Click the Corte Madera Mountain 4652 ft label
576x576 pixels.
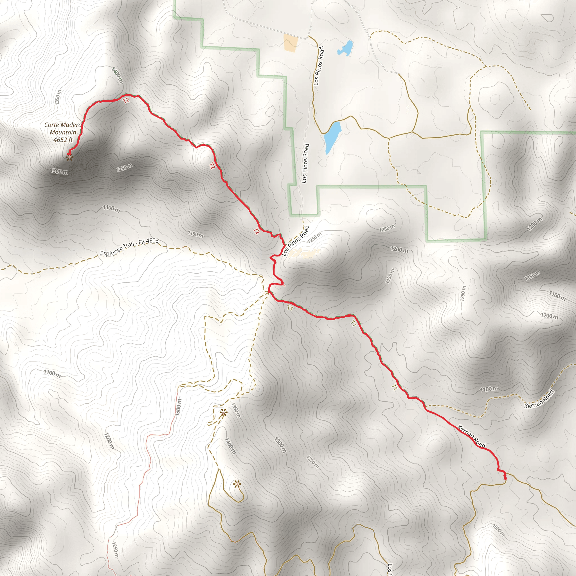coord(63,132)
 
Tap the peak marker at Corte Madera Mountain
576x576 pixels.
coord(69,157)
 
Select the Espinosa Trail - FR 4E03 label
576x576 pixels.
coord(129,247)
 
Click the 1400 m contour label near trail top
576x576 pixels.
coord(117,75)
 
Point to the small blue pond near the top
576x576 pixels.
coord(346,48)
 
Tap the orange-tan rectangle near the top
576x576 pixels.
coord(290,43)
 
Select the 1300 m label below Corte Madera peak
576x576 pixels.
coord(59,172)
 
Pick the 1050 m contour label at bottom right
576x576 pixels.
coord(498,530)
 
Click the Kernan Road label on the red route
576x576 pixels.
coord(471,437)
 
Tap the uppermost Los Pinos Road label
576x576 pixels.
coord(318,66)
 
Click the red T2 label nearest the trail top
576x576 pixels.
coord(126,100)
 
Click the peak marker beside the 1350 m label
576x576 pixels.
coord(223,413)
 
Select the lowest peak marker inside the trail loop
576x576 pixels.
coord(237,484)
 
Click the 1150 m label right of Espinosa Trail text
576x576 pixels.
coord(195,234)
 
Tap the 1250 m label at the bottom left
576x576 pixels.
coord(115,549)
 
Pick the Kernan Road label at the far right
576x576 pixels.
coord(539,399)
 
